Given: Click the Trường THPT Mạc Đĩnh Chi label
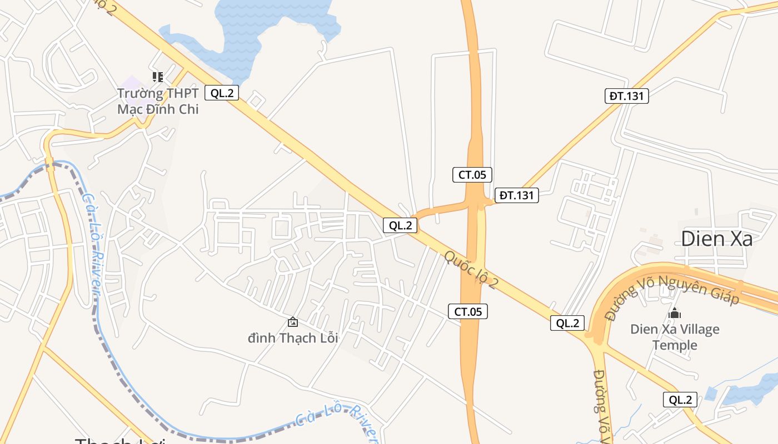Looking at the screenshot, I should [158, 101].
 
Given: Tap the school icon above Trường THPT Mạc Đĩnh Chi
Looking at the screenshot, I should [158, 77].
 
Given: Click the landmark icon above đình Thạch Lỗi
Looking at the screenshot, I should [292, 321].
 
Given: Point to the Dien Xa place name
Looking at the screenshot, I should [717, 239].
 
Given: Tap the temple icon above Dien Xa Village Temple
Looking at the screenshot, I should [675, 313].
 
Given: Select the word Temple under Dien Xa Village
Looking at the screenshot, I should [675, 345].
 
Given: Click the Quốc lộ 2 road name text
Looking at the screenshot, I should [471, 270].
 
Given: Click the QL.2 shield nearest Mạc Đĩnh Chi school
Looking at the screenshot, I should [222, 93].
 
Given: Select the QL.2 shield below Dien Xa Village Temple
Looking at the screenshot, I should [680, 400].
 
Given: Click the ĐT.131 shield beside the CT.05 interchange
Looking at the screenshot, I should [517, 195].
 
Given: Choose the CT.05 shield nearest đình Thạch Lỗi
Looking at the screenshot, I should [468, 311].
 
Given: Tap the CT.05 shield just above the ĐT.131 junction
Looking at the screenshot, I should [472, 175].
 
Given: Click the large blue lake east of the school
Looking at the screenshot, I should [261, 28].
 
